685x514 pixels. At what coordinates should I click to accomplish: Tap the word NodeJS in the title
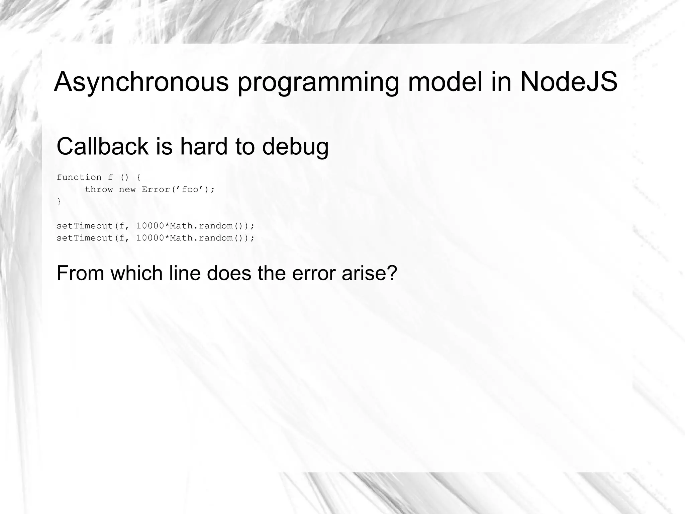(569, 82)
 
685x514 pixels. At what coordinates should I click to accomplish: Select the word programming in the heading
(318, 82)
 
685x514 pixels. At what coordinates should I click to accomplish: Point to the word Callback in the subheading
(102, 146)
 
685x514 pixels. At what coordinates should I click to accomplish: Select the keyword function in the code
(79, 177)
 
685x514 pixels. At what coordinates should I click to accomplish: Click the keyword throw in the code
(99, 190)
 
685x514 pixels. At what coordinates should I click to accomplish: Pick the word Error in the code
(156, 190)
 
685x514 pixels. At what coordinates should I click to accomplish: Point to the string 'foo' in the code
(190, 190)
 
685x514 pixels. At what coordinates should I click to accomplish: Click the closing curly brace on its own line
(59, 202)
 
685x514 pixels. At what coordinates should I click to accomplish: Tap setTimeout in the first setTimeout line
(85, 226)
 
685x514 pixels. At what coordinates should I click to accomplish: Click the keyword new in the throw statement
(127, 190)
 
